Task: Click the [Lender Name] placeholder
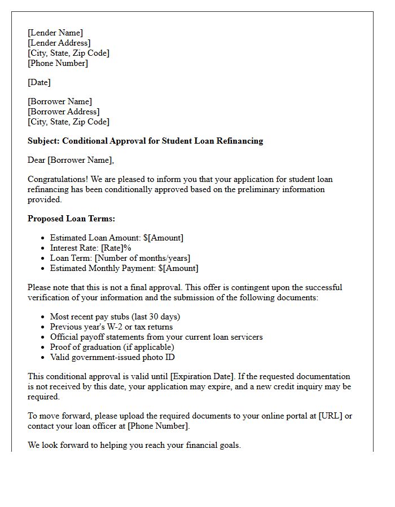point(55,33)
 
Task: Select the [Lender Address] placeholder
point(59,43)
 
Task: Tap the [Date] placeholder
point(39,82)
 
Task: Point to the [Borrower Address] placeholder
point(63,112)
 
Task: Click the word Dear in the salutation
point(37,160)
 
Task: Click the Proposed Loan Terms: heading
point(71,219)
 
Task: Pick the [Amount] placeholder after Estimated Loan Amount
point(165,238)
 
